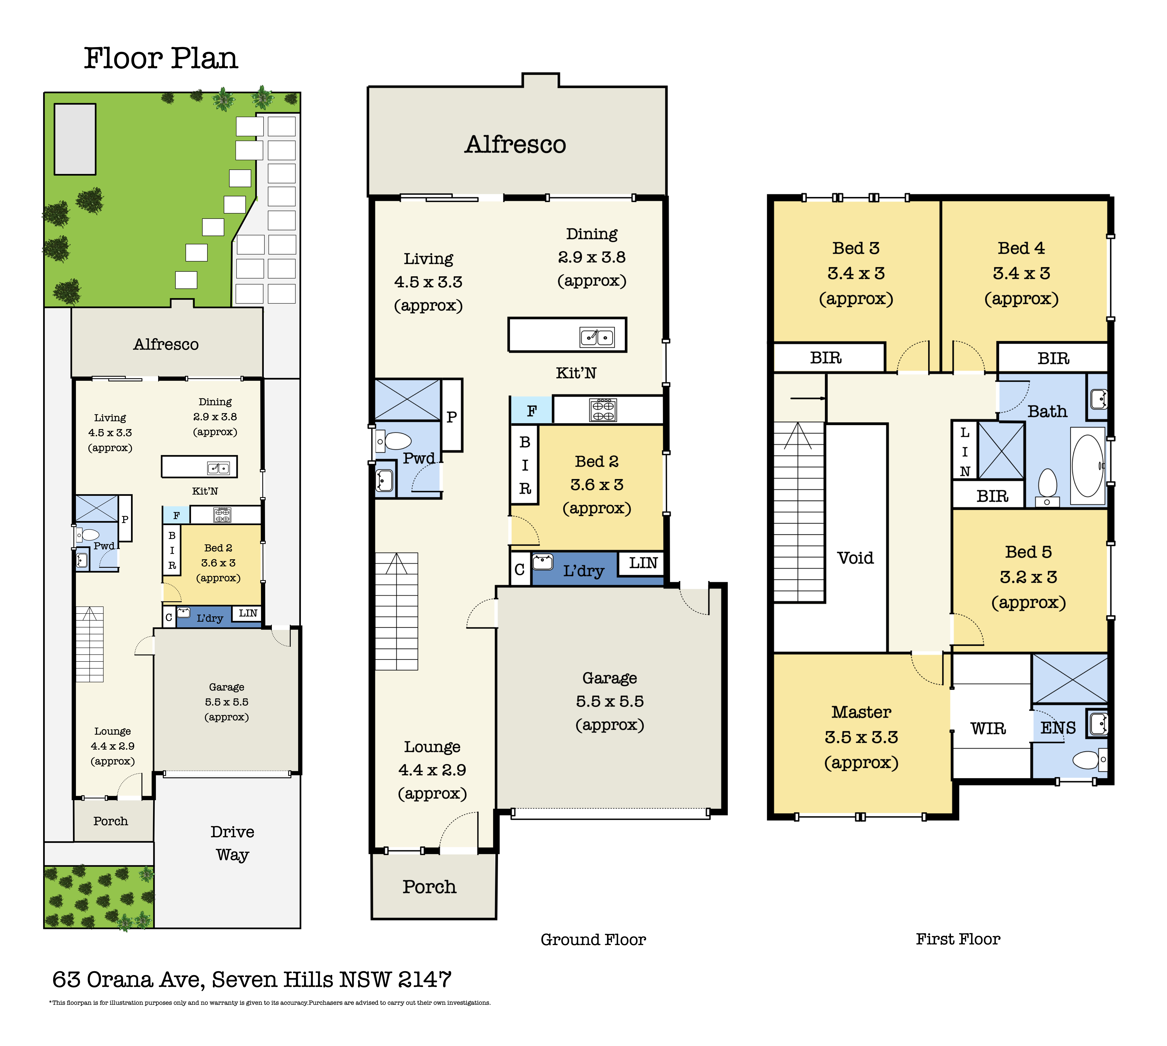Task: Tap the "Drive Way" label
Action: click(232, 843)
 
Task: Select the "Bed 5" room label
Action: click(1028, 552)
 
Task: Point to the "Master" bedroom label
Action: click(861, 712)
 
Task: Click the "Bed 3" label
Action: click(856, 248)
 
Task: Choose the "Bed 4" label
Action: click(1022, 248)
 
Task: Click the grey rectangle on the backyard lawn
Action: click(75, 139)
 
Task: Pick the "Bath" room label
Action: click(1047, 411)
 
